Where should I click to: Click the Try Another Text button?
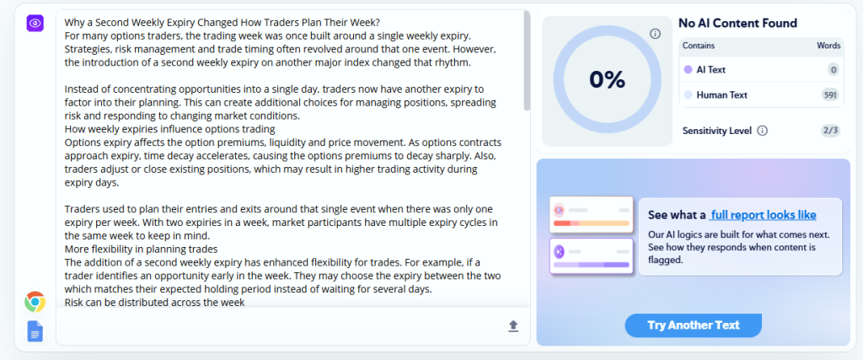[x=693, y=325]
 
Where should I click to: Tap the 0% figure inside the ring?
[x=607, y=80]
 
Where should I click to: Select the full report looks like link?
[x=763, y=215]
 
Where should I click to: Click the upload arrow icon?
[x=513, y=326]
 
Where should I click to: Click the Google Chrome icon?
[x=35, y=302]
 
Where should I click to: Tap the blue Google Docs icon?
[x=35, y=331]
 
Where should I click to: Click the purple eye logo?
[x=35, y=23]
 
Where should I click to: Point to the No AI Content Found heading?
[x=737, y=23]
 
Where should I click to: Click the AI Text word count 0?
[x=834, y=70]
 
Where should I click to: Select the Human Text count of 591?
[x=830, y=95]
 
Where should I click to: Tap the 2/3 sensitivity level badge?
[x=830, y=131]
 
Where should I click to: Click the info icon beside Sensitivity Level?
[x=762, y=131]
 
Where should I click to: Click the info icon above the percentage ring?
[x=655, y=34]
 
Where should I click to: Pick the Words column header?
[x=828, y=46]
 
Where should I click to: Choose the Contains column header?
[x=699, y=46]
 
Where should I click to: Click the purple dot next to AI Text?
[x=688, y=70]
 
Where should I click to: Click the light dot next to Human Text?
[x=688, y=95]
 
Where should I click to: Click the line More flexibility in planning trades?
[x=141, y=248]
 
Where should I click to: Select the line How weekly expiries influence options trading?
[x=169, y=130]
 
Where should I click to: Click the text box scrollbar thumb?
[x=527, y=61]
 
